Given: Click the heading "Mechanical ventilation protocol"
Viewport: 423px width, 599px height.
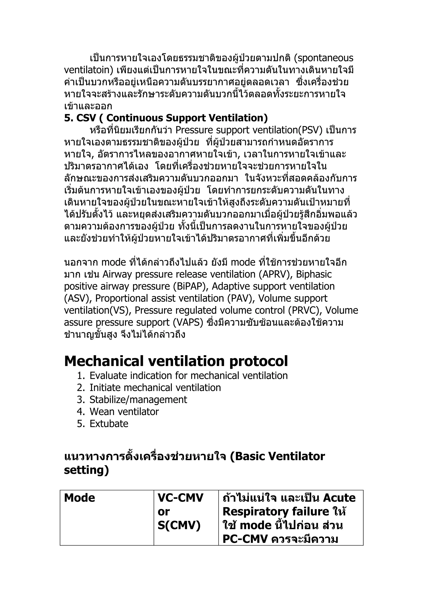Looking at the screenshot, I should pos(176,361).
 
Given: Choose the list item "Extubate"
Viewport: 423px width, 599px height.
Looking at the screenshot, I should pos(109,424).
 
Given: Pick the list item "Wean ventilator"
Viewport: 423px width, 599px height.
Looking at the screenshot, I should pos(124,412).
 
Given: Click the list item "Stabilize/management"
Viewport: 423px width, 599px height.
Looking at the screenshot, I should pos(138,400).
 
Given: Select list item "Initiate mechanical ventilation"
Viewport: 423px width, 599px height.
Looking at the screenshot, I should pos(155,388).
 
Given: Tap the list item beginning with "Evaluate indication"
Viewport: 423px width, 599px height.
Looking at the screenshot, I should pos(188,376).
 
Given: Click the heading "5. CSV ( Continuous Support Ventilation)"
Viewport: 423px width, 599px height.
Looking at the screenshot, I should pos(166,118).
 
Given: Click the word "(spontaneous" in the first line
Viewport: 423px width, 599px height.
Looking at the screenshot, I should pos(323,58).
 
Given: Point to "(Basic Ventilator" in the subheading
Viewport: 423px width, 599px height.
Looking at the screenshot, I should pos(277,456).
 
